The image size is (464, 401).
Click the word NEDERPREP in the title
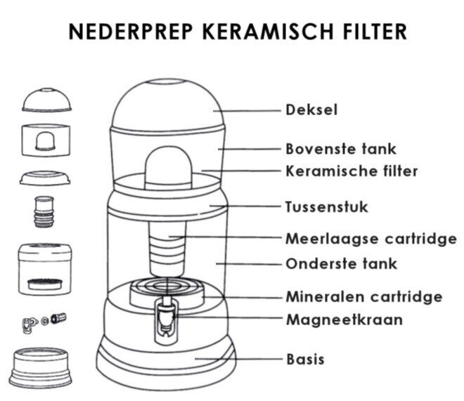tap(131, 32)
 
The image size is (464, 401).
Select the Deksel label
tap(311, 110)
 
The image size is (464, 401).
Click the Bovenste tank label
tap(341, 149)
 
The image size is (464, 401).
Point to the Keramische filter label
tap(352, 171)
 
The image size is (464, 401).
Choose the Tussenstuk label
tap(327, 206)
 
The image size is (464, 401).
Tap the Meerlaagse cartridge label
tap(371, 239)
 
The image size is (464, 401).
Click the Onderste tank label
tap(342, 263)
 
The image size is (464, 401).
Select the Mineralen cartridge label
tap(364, 296)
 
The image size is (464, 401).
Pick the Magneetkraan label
tap(344, 320)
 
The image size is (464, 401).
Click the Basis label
tap(305, 360)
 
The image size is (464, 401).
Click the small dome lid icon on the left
tap(47, 100)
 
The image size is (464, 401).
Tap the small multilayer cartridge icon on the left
tap(44, 211)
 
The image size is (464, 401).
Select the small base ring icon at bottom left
tap(41, 367)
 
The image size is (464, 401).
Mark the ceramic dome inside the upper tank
tap(168, 168)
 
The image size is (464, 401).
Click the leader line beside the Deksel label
tap(247, 111)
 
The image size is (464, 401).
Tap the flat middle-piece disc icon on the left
tap(45, 178)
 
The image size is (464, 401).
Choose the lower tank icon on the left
tap(45, 269)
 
